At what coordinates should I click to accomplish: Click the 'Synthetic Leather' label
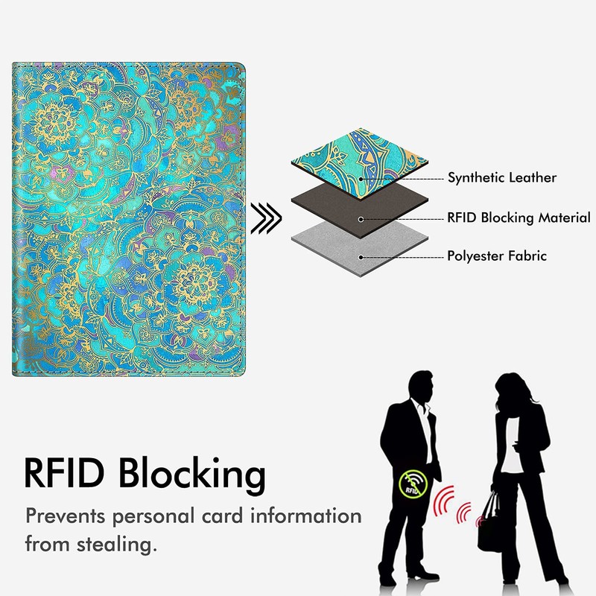[x=501, y=178]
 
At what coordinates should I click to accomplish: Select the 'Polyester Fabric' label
[x=497, y=256]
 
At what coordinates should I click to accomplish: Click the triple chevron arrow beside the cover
[x=267, y=218]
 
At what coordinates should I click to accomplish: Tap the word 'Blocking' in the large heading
[x=194, y=473]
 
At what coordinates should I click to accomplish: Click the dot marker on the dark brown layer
[x=361, y=218]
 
